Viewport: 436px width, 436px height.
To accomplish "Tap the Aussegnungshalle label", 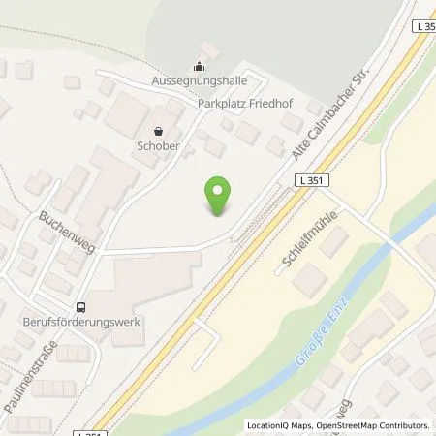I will pos(199,80).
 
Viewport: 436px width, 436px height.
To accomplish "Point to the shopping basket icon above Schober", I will pos(159,130).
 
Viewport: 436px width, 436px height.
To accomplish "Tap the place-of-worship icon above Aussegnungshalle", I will pos(199,66).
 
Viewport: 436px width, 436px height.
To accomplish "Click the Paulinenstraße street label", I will pos(29,375).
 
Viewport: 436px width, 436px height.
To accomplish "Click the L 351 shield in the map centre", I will pos(311,180).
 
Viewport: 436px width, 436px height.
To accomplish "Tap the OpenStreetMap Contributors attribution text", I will pos(372,425).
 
